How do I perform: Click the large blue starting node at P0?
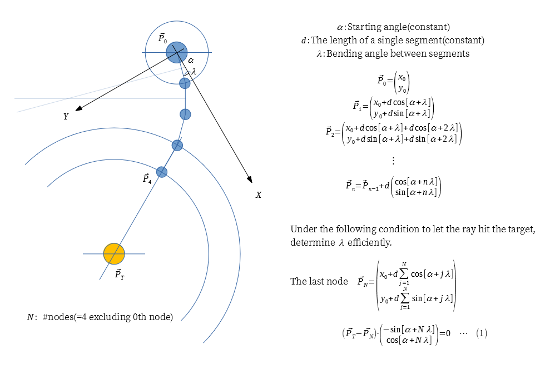(x=177, y=52)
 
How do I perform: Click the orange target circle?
(x=114, y=254)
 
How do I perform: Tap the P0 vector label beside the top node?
(x=162, y=38)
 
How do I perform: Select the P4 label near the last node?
(x=147, y=178)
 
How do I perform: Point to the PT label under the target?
(x=120, y=274)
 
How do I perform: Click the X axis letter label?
(x=258, y=195)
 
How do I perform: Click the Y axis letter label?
(x=66, y=116)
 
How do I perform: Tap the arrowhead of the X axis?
(x=250, y=179)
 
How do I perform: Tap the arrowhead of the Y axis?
(x=78, y=108)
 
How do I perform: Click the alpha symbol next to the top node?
(x=191, y=61)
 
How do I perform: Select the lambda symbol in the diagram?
(x=194, y=72)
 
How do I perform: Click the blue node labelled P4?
(x=162, y=172)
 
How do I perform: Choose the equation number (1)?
(x=482, y=333)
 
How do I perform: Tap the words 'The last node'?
(x=319, y=281)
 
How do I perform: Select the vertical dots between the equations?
(x=393, y=161)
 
